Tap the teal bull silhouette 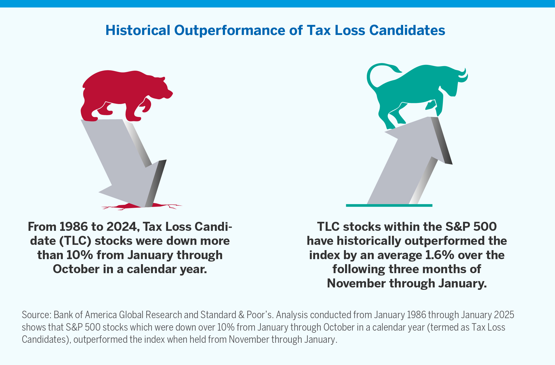point(419,90)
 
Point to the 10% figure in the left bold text point(79,255)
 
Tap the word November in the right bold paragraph point(356,283)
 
